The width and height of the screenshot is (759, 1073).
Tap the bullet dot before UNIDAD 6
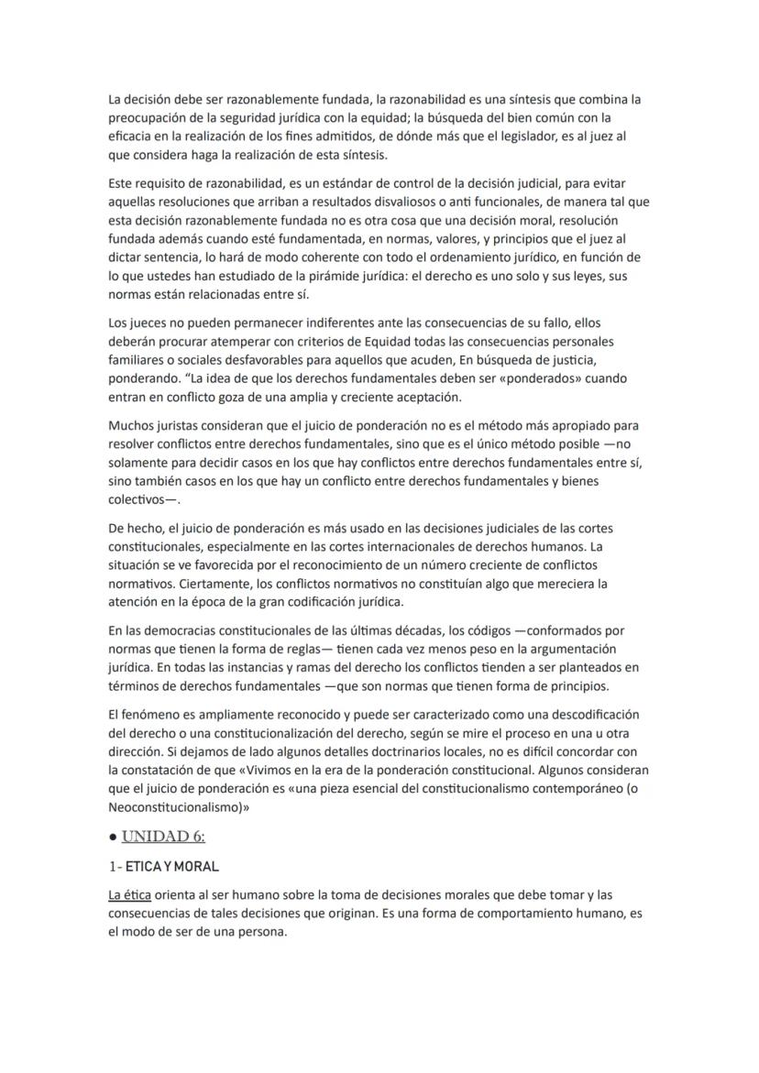tap(112, 838)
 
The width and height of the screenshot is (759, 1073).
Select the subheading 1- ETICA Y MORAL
tap(163, 866)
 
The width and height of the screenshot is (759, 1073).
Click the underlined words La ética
tap(129, 894)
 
